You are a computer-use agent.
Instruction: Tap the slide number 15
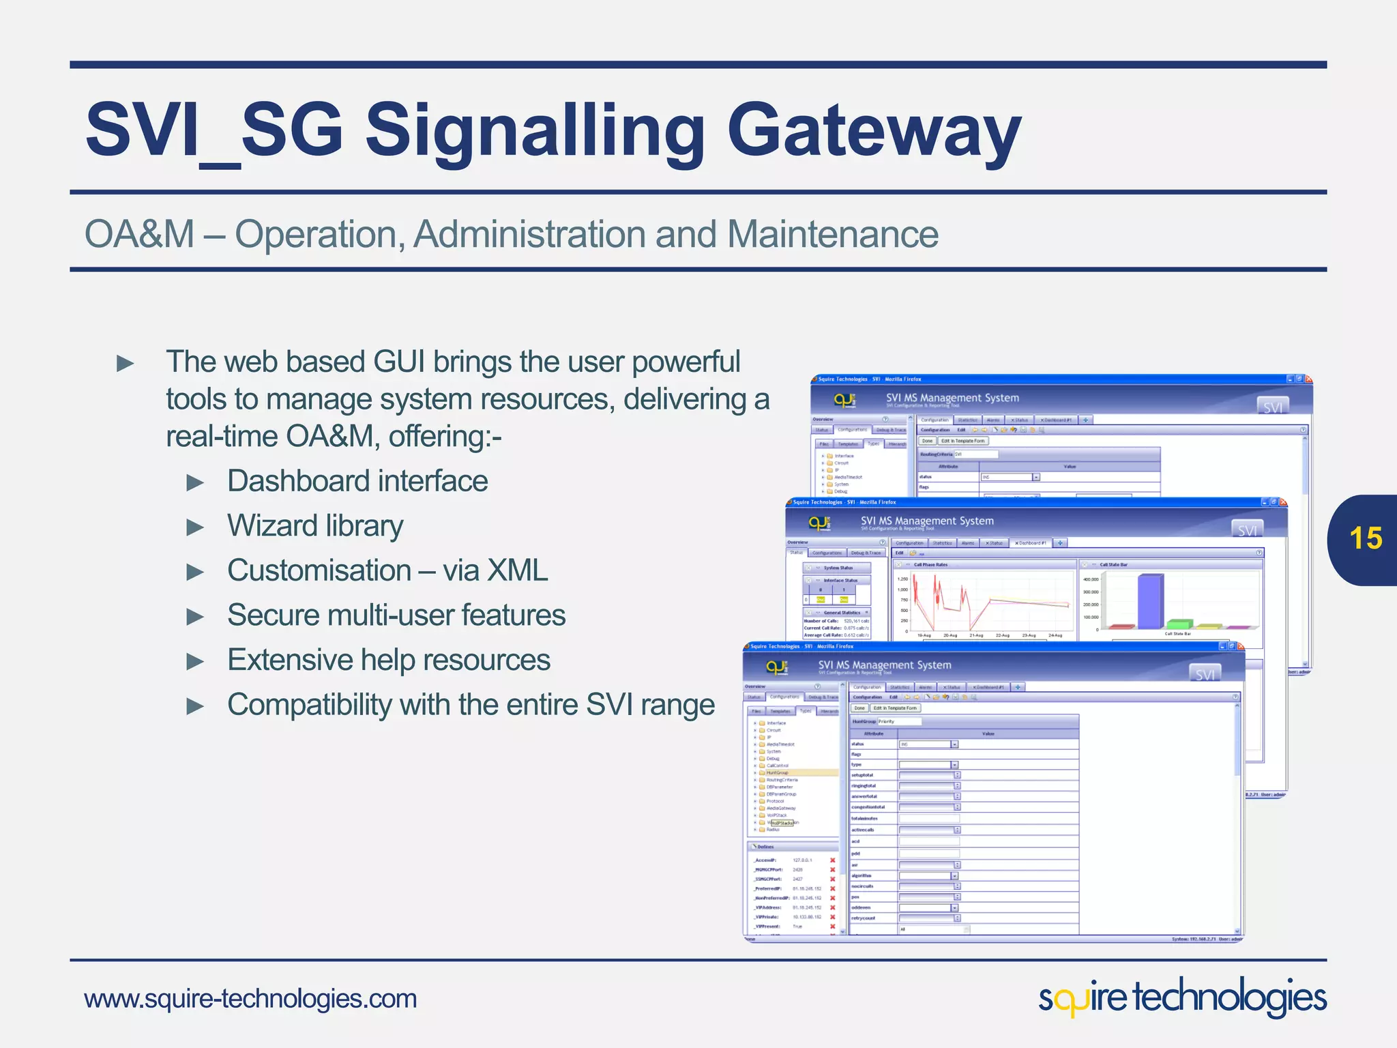coord(1365,538)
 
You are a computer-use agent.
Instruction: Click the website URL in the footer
coord(250,999)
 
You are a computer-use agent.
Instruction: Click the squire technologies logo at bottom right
coord(1182,998)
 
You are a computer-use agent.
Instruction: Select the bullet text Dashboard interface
coord(357,481)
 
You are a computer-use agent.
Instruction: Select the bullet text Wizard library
coord(315,526)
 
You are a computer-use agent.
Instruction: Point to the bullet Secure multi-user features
coord(396,615)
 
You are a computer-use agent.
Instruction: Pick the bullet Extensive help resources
coord(389,660)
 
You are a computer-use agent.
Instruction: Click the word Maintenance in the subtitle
coord(832,234)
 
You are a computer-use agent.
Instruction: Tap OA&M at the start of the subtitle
coord(140,234)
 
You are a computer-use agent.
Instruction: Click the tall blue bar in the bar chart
coord(1150,601)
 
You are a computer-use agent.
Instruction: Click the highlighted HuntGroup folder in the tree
coord(778,773)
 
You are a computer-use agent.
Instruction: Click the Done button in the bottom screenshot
coord(859,708)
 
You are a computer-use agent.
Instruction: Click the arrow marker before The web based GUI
coord(126,364)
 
